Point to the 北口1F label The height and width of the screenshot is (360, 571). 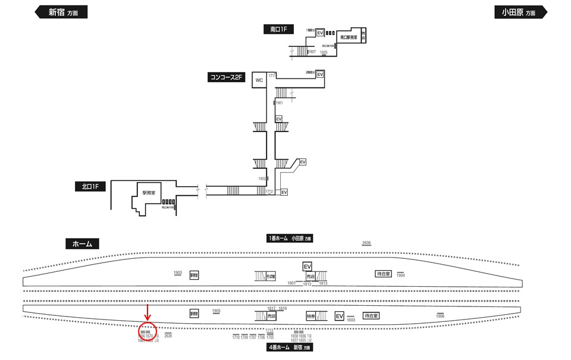90,187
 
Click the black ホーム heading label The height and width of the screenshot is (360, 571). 82,243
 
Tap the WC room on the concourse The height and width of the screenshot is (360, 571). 259,80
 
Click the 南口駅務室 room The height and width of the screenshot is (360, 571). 348,37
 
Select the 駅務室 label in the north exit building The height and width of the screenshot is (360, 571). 149,193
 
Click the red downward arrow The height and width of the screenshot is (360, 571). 148,312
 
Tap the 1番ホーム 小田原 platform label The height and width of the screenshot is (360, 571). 290,238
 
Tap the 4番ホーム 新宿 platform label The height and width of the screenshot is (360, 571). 290,347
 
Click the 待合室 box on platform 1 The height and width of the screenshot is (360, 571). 383,274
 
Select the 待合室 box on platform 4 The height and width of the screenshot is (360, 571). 372,316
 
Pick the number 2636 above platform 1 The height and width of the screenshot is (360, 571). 366,243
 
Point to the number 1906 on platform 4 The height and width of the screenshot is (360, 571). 440,317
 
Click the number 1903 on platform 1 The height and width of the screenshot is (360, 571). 178,273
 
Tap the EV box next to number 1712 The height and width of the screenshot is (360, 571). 284,192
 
